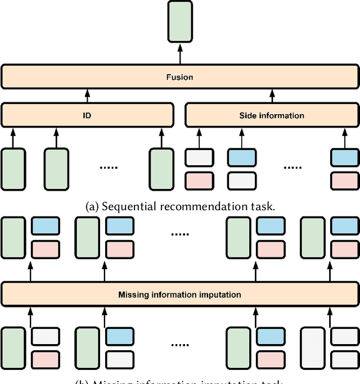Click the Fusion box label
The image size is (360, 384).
click(x=180, y=77)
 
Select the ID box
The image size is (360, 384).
click(x=87, y=115)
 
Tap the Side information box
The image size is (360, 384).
click(x=272, y=115)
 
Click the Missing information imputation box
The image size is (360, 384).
click(x=180, y=294)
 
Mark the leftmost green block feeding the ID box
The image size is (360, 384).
click(x=13, y=168)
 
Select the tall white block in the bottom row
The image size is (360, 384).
click(x=312, y=347)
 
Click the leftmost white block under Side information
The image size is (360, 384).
click(x=199, y=157)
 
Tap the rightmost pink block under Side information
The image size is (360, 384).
click(x=344, y=180)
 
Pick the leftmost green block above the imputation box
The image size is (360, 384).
click(x=13, y=237)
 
